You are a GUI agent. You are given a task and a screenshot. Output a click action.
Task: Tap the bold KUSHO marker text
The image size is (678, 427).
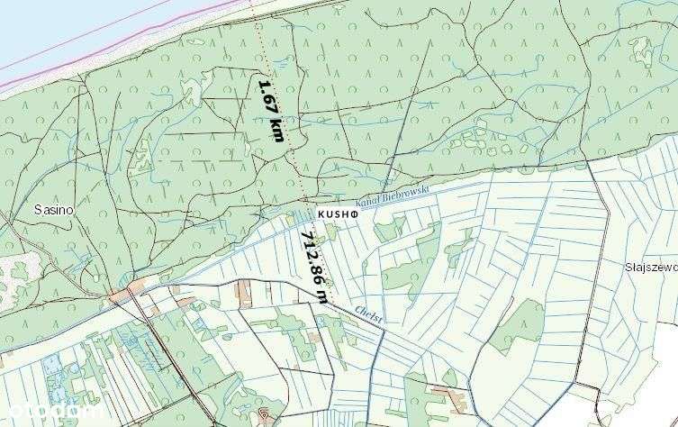tap(339, 215)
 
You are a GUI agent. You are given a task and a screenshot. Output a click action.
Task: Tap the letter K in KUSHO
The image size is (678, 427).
tap(321, 215)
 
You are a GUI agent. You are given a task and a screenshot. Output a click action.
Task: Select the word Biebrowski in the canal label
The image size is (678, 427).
tap(411, 193)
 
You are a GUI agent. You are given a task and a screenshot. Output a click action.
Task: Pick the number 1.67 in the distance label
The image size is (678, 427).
tap(266, 94)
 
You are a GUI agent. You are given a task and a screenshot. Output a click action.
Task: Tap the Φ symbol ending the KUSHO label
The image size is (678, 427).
tap(356, 215)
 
